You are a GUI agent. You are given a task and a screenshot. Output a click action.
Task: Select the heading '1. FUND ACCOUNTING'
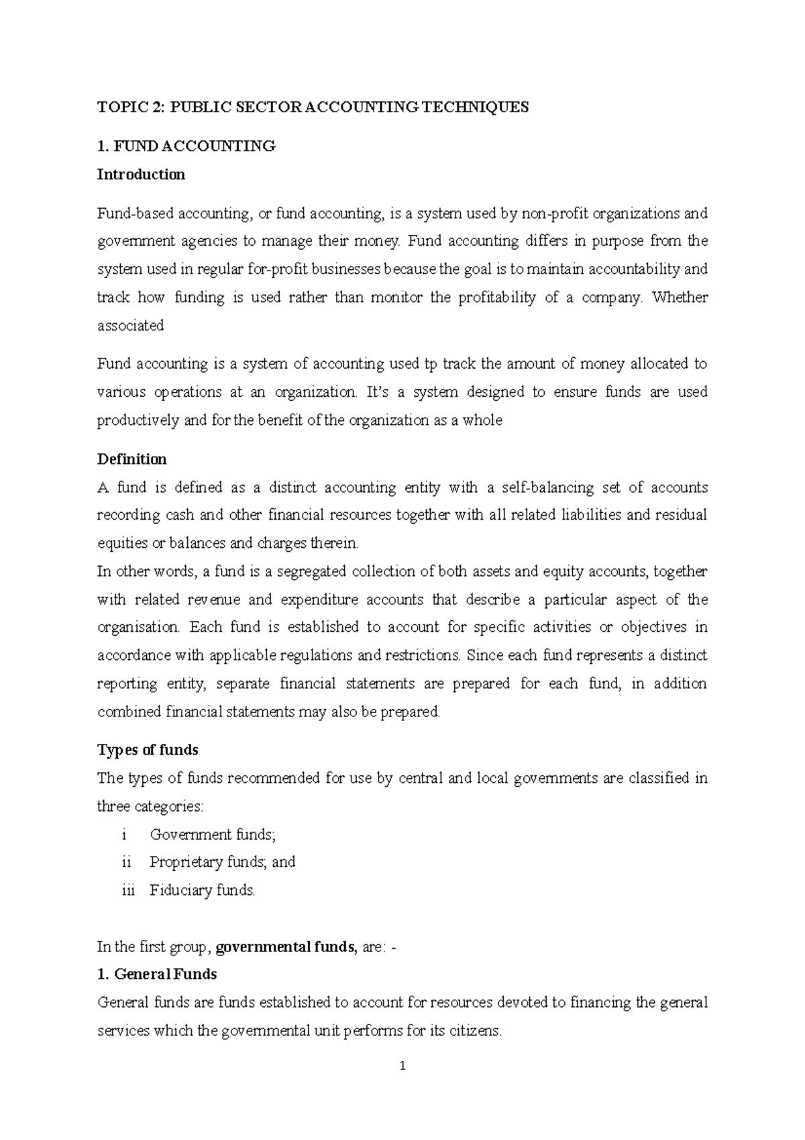click(x=186, y=146)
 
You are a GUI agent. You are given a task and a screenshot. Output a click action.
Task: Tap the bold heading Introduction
click(x=141, y=175)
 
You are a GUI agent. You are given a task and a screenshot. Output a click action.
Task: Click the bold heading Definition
click(x=132, y=459)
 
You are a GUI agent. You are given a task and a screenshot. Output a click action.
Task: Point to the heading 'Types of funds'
click(x=148, y=749)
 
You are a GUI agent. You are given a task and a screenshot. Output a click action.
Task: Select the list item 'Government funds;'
click(x=213, y=835)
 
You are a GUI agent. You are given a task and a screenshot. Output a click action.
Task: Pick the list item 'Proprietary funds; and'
click(x=222, y=862)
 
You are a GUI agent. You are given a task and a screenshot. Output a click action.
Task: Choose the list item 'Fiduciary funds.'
click(x=203, y=890)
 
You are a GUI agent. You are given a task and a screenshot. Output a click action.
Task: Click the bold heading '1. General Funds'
click(x=157, y=973)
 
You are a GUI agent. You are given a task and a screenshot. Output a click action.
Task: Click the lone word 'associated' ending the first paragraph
click(x=131, y=326)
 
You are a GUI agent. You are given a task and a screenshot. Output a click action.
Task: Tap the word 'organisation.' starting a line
click(x=139, y=627)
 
